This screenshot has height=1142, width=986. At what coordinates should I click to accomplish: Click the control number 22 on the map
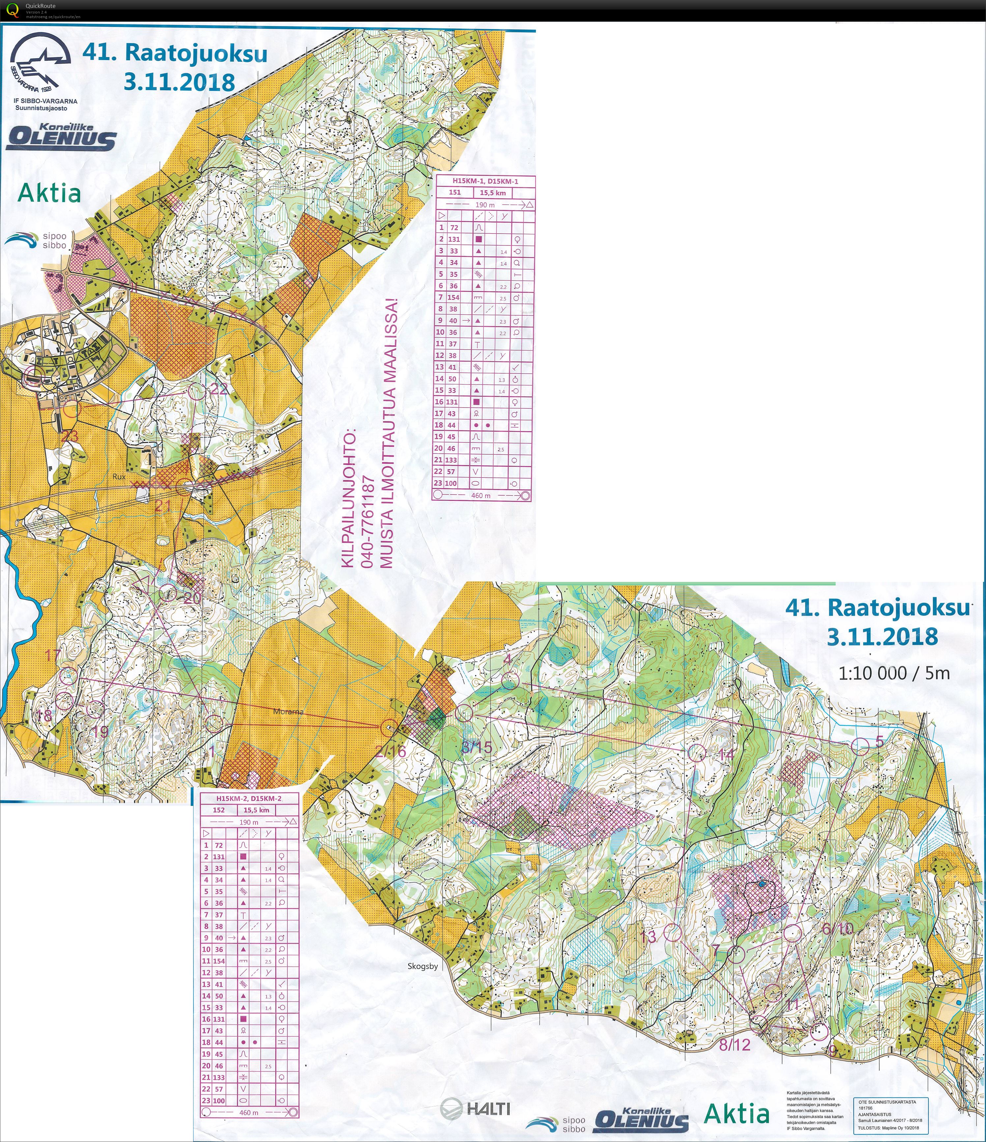coord(219,388)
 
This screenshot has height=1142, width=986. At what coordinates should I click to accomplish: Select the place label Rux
coord(119,476)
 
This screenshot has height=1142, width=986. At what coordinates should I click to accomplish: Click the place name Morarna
coord(288,712)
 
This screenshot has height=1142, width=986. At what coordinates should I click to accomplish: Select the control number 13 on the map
coord(649,937)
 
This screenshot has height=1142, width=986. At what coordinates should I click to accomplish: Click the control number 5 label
coord(880,741)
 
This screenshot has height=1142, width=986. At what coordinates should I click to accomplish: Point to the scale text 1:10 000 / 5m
coord(894,673)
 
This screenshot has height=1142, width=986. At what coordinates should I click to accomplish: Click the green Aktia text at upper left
coord(50,193)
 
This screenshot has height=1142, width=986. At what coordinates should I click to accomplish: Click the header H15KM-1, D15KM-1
coord(485,181)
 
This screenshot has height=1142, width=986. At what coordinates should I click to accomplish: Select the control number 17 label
coord(53,655)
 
